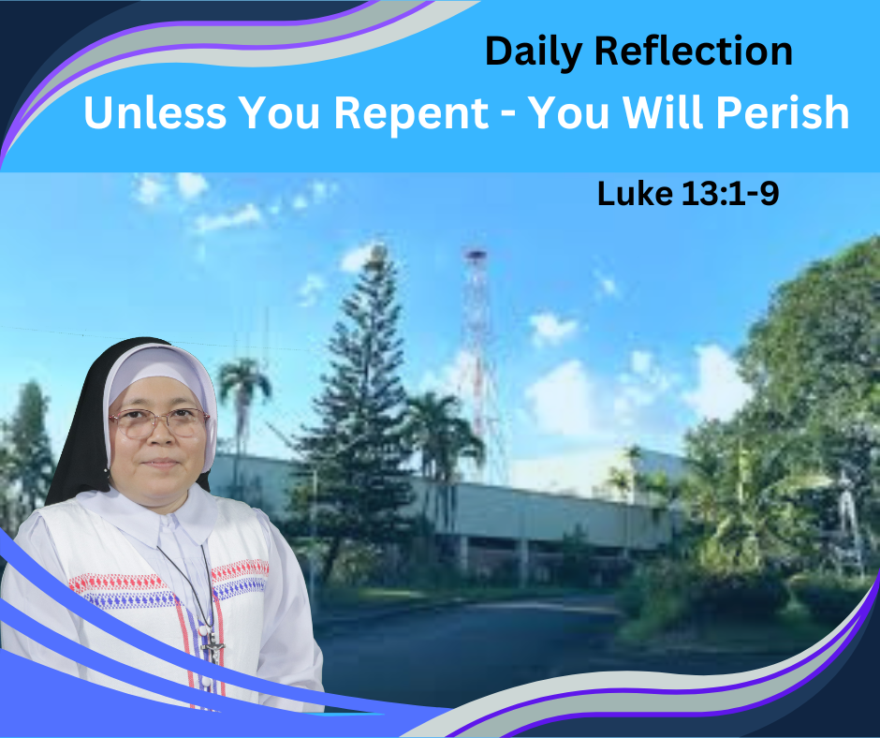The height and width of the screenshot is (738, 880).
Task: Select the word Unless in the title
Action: tap(154, 111)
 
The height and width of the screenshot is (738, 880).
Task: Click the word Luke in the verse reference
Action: tap(635, 194)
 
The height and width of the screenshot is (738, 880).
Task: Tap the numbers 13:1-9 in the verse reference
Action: tap(730, 194)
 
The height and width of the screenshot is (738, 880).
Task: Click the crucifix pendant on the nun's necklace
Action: tap(213, 646)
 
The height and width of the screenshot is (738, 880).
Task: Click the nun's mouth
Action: tap(161, 463)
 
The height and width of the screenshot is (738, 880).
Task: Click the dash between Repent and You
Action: tap(508, 116)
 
